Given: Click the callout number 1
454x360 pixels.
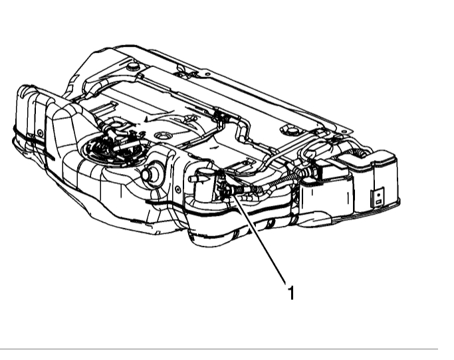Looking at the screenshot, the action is pos(290,292).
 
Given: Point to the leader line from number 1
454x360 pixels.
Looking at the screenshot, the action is pos(259,240).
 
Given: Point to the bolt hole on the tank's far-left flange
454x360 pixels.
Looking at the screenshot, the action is pos(39,133).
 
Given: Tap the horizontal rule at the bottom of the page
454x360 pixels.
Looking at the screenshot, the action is pos(226,348).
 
